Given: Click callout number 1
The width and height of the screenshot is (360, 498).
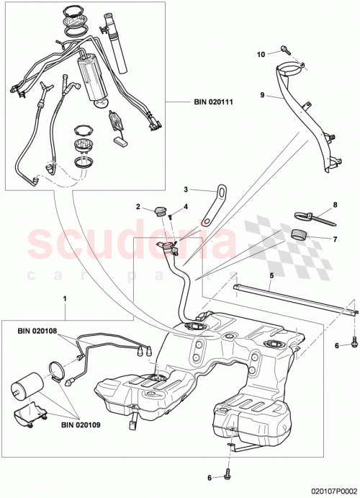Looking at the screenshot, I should (x=66, y=298).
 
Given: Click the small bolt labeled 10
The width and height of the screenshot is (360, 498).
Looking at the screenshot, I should (x=286, y=50).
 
